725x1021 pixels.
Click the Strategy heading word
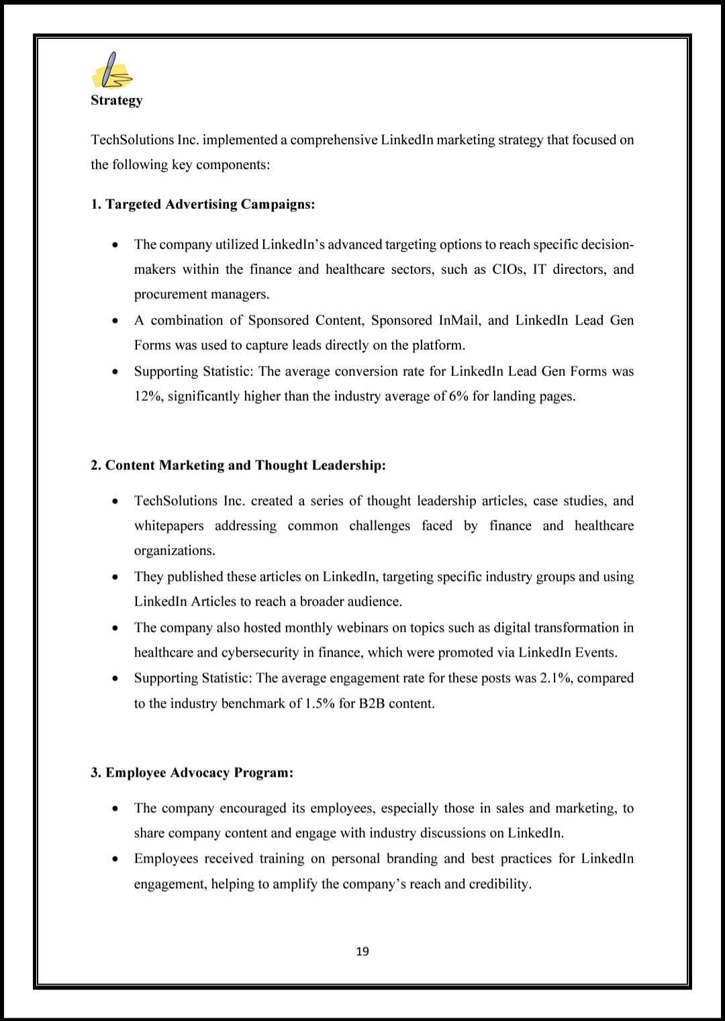(x=117, y=100)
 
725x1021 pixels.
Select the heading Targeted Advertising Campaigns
(x=203, y=204)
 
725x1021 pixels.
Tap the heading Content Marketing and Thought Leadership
(x=238, y=465)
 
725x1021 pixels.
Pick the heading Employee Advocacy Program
(x=192, y=773)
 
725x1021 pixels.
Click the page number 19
(x=362, y=951)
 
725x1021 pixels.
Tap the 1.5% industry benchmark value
(x=320, y=703)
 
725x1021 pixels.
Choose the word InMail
(x=460, y=320)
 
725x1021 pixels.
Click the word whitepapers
(x=168, y=526)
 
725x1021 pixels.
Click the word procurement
(x=171, y=294)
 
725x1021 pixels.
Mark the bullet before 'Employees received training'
(x=116, y=859)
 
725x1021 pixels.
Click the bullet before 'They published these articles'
(x=116, y=577)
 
